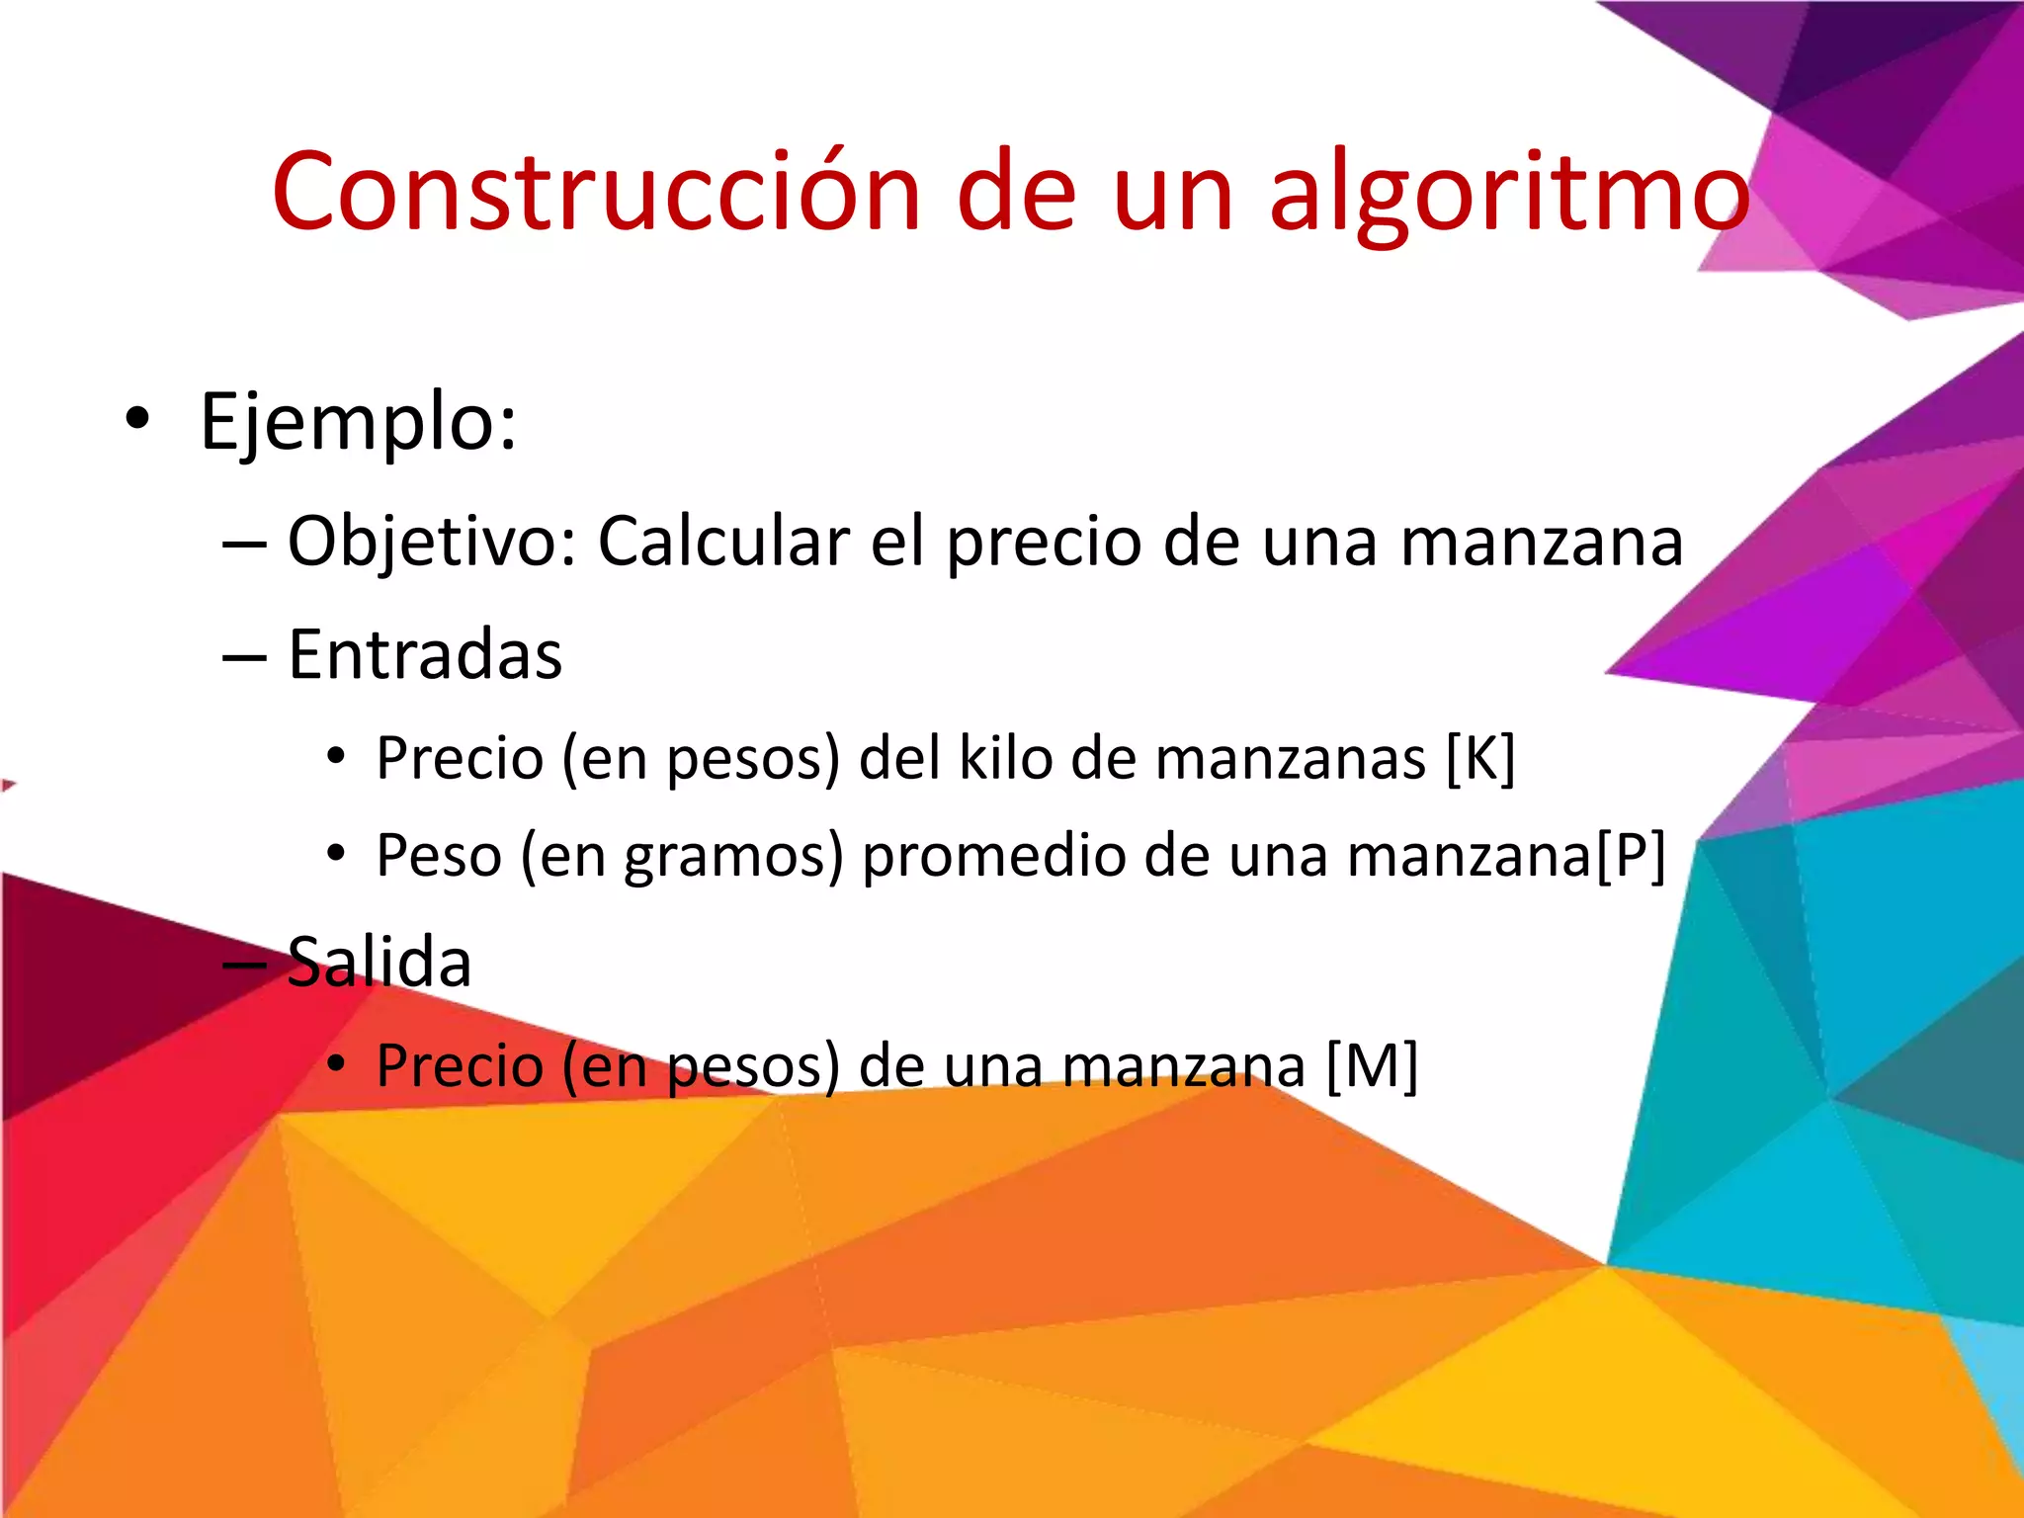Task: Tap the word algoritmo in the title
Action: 1509,193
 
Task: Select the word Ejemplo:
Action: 358,422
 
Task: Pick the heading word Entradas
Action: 425,654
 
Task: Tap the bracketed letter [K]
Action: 1479,759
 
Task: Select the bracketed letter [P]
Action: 1631,856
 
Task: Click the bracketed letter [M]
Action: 1371,1065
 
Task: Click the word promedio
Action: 993,856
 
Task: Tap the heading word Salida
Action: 379,962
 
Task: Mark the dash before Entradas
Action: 244,656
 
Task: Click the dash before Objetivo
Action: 244,544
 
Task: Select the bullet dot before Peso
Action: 337,852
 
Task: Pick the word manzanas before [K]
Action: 1290,759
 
